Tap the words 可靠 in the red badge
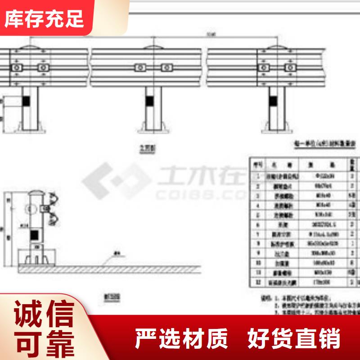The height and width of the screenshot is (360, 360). pos(45,344)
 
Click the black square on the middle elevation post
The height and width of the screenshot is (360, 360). pos(149,100)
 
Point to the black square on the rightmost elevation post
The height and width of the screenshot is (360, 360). pos(273,100)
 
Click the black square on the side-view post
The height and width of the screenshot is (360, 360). pos(34,234)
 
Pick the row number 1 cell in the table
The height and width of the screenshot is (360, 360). pos(257,175)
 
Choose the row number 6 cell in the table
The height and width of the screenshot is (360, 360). pos(257,224)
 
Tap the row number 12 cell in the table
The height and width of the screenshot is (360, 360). pos(257,282)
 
